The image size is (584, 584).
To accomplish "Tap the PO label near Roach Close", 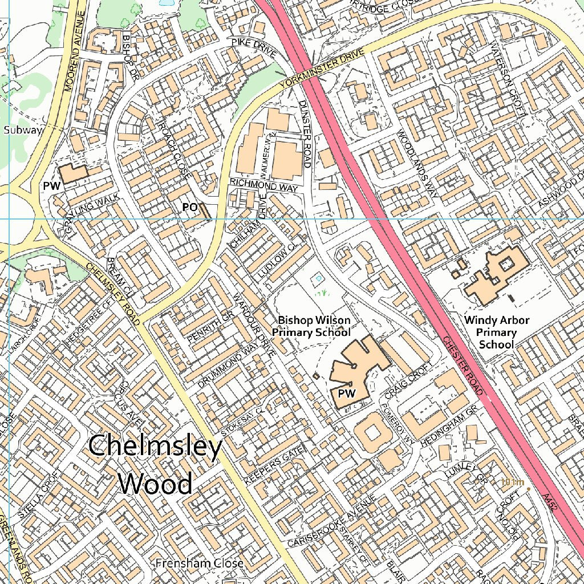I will click(x=189, y=208).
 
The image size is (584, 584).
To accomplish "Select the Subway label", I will click(x=23, y=130).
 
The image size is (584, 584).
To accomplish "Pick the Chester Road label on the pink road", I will click(x=463, y=366).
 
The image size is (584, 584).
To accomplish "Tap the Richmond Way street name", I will click(x=264, y=185).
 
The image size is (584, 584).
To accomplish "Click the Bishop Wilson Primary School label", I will click(x=311, y=326).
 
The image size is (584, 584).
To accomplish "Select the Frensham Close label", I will click(x=200, y=563).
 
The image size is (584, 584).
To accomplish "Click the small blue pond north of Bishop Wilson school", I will click(x=318, y=278).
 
